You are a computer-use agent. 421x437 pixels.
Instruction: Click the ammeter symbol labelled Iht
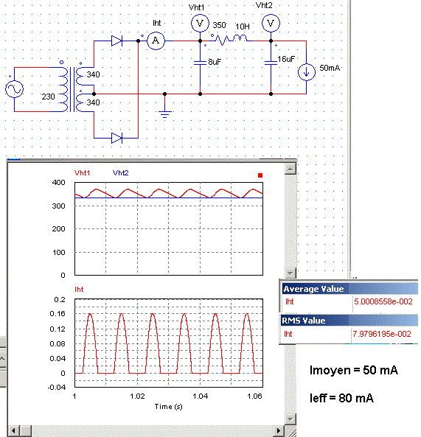(x=156, y=41)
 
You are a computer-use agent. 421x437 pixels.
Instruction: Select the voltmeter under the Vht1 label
(x=200, y=23)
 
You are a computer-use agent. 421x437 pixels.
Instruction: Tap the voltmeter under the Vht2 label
(x=271, y=23)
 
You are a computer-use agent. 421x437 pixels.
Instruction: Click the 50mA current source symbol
(x=307, y=72)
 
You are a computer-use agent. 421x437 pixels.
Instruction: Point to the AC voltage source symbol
(x=14, y=89)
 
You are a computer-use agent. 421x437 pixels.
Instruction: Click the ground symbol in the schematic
(x=164, y=113)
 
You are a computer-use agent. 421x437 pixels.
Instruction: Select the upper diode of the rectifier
(x=116, y=41)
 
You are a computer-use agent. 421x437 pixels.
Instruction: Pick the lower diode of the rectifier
(x=116, y=138)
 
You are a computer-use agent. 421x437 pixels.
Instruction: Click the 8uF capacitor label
(x=215, y=62)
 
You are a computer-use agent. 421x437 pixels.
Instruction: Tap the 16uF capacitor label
(x=286, y=59)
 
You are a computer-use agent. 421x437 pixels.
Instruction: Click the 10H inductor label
(x=243, y=27)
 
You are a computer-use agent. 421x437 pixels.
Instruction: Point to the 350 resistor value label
(x=219, y=25)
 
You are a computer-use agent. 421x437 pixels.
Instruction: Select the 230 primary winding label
(x=48, y=97)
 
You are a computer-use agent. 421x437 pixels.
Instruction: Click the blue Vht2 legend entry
(x=121, y=172)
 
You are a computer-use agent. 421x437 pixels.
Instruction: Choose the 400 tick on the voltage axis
(x=58, y=183)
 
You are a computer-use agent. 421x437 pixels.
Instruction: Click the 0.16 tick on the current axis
(x=58, y=314)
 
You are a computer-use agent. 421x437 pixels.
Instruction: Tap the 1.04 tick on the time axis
(x=201, y=396)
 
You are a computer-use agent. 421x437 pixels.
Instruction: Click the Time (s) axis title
(x=168, y=407)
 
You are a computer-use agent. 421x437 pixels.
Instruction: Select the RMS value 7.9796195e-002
(x=382, y=334)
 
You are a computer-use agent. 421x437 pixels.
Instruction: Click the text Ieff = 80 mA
(x=341, y=398)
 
